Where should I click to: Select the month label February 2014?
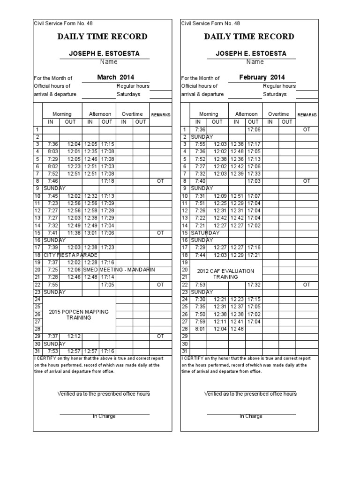262,77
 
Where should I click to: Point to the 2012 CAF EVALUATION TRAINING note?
225,274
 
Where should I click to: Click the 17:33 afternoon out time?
255,173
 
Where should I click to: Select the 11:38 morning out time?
74,232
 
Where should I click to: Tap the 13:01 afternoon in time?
91,232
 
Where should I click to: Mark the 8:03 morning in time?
52,151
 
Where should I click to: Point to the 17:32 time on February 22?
255,285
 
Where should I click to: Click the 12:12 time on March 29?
74,336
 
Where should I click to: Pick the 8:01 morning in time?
200,329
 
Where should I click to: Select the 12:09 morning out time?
220,196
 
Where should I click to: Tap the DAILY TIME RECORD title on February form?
249,37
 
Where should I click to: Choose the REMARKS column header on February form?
307,114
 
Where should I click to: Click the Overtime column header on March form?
133,114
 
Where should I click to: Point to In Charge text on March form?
104,416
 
